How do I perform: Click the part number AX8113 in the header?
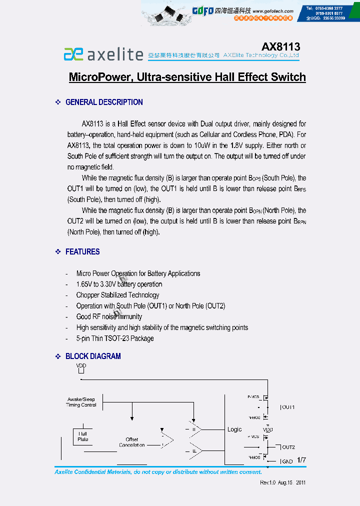[x=280, y=46]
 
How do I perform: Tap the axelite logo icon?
[x=73, y=54]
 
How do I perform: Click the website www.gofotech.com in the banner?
[x=272, y=11]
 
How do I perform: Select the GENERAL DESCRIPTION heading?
[x=104, y=102]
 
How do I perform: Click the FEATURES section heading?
[x=82, y=251]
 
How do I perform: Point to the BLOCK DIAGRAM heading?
[x=93, y=356]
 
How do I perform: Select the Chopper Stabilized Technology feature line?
[x=117, y=295]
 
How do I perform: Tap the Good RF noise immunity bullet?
[x=109, y=316]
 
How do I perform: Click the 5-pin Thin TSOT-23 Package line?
[x=115, y=338]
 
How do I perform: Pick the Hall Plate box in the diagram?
[x=83, y=436]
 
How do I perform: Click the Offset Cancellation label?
[x=132, y=442]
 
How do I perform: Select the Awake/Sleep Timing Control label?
[x=81, y=402]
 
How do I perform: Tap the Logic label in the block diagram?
[x=234, y=429]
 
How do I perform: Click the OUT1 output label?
[x=288, y=407]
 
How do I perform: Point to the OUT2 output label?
[x=288, y=447]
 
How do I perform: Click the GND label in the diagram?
[x=287, y=461]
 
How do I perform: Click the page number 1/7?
[x=301, y=459]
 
